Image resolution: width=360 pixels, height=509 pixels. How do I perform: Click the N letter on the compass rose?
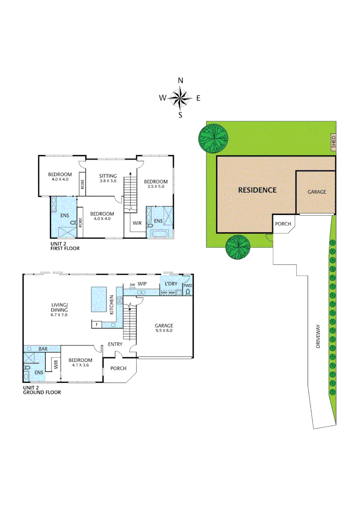pos(180,81)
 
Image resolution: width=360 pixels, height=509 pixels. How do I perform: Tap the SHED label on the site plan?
pos(333,141)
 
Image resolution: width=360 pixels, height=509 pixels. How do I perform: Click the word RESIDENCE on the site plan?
pos(257,190)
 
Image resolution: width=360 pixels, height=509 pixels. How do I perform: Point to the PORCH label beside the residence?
pos(283,224)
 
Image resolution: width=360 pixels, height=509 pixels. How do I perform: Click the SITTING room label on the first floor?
pos(108,175)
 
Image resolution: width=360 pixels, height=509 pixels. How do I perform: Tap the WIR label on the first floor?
pos(137,222)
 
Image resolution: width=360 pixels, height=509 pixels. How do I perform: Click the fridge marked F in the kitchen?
pos(96,324)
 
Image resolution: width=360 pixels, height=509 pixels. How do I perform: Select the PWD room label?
pos(188,286)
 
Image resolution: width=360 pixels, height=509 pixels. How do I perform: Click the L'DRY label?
pos(171,283)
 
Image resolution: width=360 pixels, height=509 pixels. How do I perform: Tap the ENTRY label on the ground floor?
pos(115,344)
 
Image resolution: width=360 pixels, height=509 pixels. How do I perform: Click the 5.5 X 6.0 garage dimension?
pos(164,331)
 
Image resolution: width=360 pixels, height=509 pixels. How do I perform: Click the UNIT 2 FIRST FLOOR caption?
pos(65,246)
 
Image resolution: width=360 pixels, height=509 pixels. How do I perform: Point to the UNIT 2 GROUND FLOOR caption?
pos(41,389)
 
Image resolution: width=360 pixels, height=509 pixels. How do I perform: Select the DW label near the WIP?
pos(132,285)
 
